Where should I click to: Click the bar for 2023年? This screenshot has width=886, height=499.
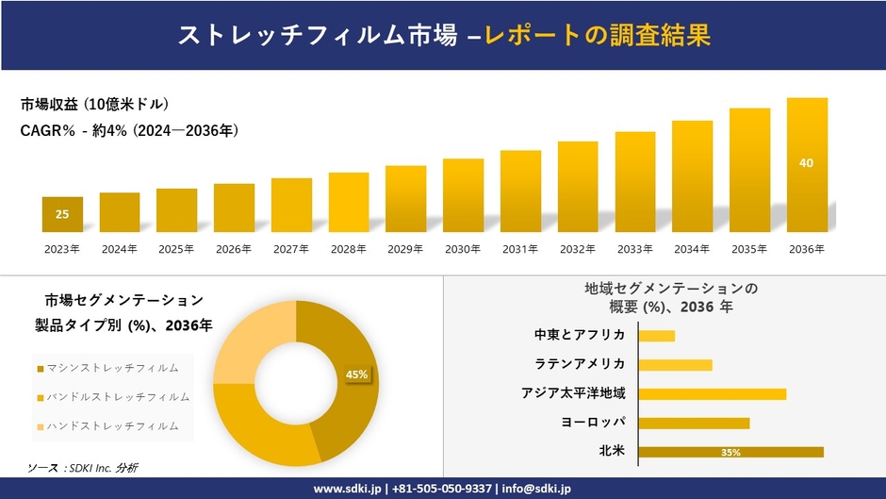62,214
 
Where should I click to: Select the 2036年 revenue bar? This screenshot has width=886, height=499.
807,165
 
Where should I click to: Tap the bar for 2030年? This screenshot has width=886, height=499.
463,195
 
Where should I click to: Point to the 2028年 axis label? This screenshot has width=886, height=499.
348,249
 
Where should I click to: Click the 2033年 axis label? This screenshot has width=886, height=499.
634,249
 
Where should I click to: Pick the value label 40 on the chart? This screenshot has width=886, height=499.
806,163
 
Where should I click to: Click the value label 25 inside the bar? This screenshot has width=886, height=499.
62,214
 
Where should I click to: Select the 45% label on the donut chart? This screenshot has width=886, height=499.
356,374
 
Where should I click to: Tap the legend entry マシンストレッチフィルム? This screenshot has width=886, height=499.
111,368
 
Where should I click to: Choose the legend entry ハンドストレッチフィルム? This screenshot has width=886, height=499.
111,425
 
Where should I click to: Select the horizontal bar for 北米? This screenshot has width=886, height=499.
730,452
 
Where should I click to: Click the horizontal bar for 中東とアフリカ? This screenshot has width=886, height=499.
656,336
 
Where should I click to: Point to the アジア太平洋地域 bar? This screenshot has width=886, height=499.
712,393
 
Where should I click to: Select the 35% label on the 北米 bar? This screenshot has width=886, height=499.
730,453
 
